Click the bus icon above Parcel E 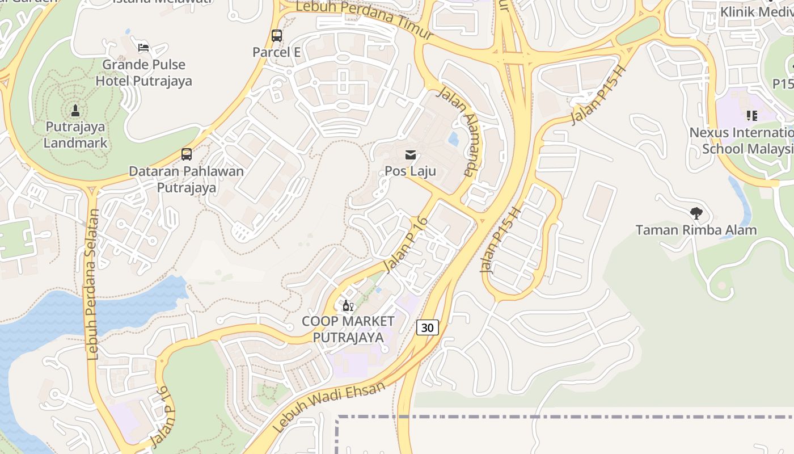pyautogui.click(x=277, y=36)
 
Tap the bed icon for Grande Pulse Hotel pyautogui.click(x=143, y=47)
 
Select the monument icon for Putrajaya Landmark pyautogui.click(x=75, y=110)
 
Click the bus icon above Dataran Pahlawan pyautogui.click(x=186, y=154)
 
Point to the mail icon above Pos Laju pyautogui.click(x=411, y=154)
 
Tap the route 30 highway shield pyautogui.click(x=428, y=327)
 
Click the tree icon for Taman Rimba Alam pyautogui.click(x=696, y=213)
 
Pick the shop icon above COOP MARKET pyautogui.click(x=348, y=306)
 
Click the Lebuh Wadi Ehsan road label pyautogui.click(x=329, y=406)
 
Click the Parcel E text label pyautogui.click(x=276, y=52)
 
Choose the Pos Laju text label pyautogui.click(x=410, y=170)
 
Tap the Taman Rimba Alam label pyautogui.click(x=696, y=230)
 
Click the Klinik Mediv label pyautogui.click(x=757, y=11)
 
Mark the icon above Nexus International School pyautogui.click(x=752, y=116)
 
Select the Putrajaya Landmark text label pyautogui.click(x=76, y=134)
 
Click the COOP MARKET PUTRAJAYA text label pyautogui.click(x=348, y=329)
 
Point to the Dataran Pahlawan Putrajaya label pyautogui.click(x=186, y=179)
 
